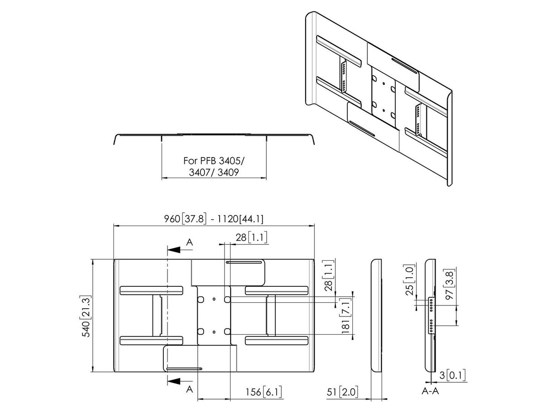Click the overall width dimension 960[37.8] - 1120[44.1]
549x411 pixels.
(x=214, y=219)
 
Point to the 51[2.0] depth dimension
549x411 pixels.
(x=343, y=391)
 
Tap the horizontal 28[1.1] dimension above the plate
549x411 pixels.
(x=252, y=237)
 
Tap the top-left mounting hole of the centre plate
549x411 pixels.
(x=200, y=299)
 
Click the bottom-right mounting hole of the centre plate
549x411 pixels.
(x=227, y=331)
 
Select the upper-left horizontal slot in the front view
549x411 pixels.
(x=151, y=290)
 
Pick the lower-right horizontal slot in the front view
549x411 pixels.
(x=276, y=341)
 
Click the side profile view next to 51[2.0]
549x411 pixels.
(x=376, y=315)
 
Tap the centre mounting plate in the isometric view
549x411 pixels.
(x=382, y=95)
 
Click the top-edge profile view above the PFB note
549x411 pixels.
(x=214, y=135)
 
